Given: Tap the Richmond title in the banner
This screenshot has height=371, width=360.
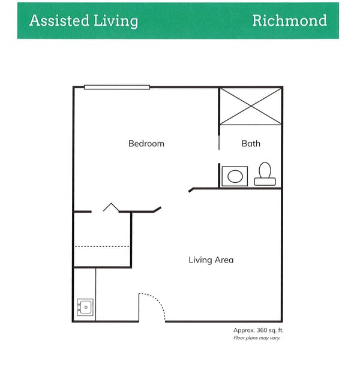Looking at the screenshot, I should click(x=289, y=20).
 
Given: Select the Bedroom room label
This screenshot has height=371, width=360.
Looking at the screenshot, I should click(x=146, y=144).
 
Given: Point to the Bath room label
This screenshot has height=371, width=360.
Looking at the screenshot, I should click(x=251, y=144).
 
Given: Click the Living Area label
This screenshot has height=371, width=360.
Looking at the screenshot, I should click(x=211, y=260).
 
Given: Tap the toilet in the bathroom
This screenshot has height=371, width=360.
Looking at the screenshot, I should click(x=265, y=174).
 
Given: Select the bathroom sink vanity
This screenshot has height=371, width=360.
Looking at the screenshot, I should click(x=235, y=176).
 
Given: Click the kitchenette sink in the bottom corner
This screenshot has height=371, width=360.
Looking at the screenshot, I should click(x=85, y=307).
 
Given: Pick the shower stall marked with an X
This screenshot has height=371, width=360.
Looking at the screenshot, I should click(x=250, y=106).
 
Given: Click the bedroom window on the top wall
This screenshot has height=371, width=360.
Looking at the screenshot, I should click(x=116, y=88).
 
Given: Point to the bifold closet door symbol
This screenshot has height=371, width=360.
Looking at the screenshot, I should click(x=111, y=207).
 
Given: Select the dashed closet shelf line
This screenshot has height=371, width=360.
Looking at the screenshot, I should click(x=102, y=246).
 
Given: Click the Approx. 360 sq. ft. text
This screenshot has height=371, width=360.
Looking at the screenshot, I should click(x=257, y=330).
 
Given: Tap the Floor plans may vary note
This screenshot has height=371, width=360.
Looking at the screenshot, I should click(x=257, y=338).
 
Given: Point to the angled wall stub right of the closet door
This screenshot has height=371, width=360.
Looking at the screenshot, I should click(x=157, y=209).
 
